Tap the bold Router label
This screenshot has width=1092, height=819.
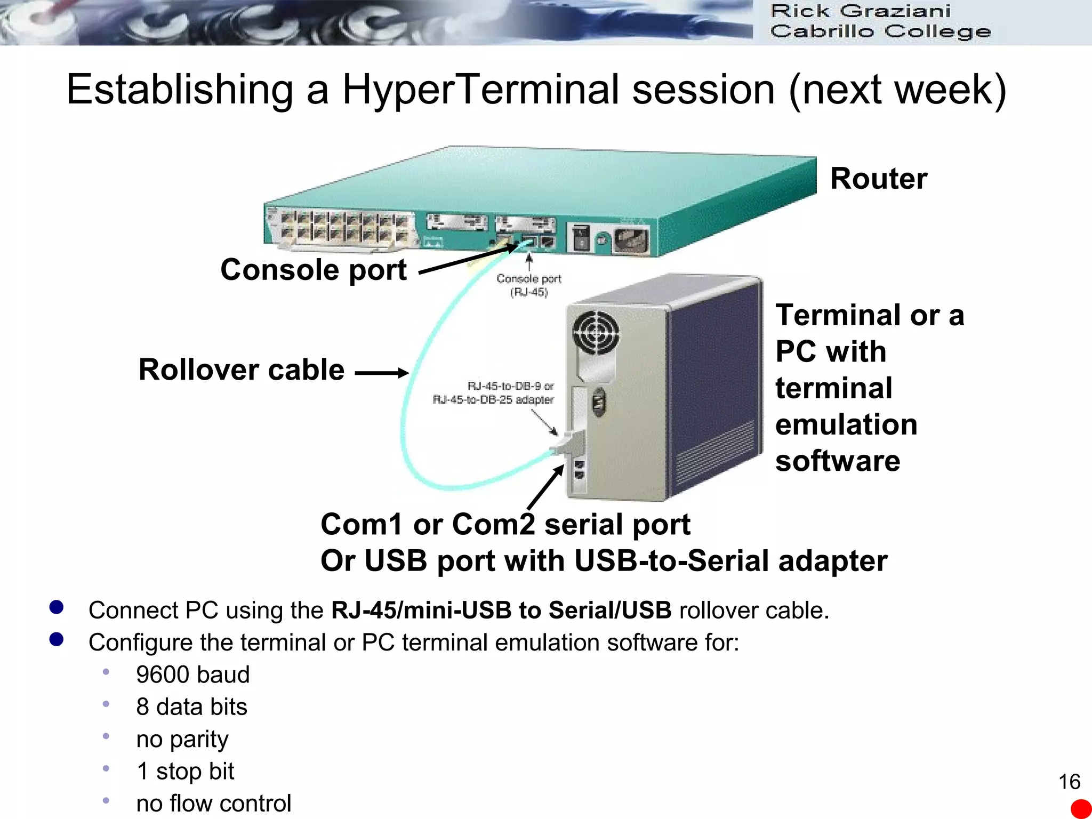point(878,179)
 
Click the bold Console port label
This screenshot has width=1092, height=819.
point(314,270)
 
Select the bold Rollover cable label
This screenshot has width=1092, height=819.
point(242,370)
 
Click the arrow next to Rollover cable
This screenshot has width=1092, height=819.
point(381,373)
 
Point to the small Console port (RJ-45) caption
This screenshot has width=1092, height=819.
point(528,285)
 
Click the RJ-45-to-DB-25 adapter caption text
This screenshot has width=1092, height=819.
point(493,399)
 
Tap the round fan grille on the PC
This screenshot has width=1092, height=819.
point(596,333)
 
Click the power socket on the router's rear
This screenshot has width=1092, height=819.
point(632,240)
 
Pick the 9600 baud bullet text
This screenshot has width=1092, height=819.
point(192,675)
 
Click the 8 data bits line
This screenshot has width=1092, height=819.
point(191,707)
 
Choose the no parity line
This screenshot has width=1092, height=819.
point(182,740)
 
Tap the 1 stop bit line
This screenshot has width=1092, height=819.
point(185,772)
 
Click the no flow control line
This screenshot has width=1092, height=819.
point(213,804)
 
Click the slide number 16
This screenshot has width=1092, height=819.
point(1069,782)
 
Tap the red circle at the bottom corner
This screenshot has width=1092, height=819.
point(1081,809)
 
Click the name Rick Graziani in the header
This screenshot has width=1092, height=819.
point(860,11)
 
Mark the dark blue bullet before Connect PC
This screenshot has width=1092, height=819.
point(57,607)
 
